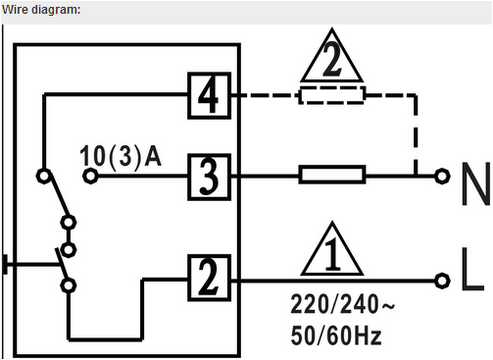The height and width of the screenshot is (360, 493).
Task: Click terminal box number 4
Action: click(x=208, y=96)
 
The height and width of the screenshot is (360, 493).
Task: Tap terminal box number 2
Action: click(x=208, y=278)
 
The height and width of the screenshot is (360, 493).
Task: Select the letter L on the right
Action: click(x=471, y=278)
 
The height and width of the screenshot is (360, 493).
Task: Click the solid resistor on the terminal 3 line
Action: click(x=332, y=177)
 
